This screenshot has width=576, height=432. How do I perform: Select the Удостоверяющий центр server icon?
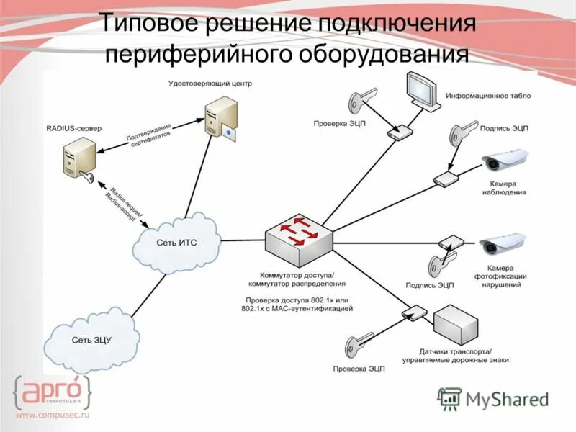click(x=217, y=120)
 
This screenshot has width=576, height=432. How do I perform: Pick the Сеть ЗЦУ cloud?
click(x=93, y=340)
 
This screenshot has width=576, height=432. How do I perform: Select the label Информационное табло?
click(x=487, y=95)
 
